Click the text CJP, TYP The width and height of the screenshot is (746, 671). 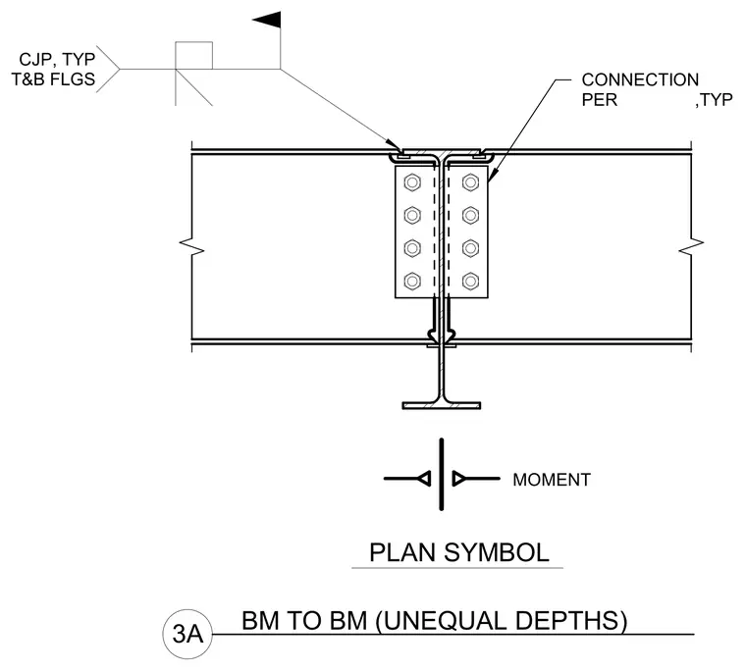(x=57, y=60)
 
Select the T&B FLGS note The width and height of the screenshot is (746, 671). (x=53, y=78)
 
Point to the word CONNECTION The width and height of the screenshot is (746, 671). (x=640, y=79)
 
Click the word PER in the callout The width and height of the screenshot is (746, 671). (x=600, y=100)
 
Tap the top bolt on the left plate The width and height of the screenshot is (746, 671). (x=412, y=182)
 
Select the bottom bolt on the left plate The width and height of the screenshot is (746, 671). (x=412, y=281)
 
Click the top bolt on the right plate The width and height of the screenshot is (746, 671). (x=470, y=182)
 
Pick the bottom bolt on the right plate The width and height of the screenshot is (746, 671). (x=470, y=281)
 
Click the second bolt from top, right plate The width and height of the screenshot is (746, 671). (x=470, y=216)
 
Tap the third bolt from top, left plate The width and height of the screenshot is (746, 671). (x=412, y=248)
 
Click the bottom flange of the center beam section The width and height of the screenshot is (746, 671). (x=442, y=406)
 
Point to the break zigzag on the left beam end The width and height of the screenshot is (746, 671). (x=191, y=243)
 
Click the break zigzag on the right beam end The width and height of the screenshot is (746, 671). (x=691, y=243)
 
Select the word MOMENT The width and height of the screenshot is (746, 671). (x=552, y=480)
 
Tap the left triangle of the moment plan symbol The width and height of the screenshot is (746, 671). (x=424, y=479)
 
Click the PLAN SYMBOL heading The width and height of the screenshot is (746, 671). (x=459, y=552)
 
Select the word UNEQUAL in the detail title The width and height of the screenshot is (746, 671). (x=442, y=621)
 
